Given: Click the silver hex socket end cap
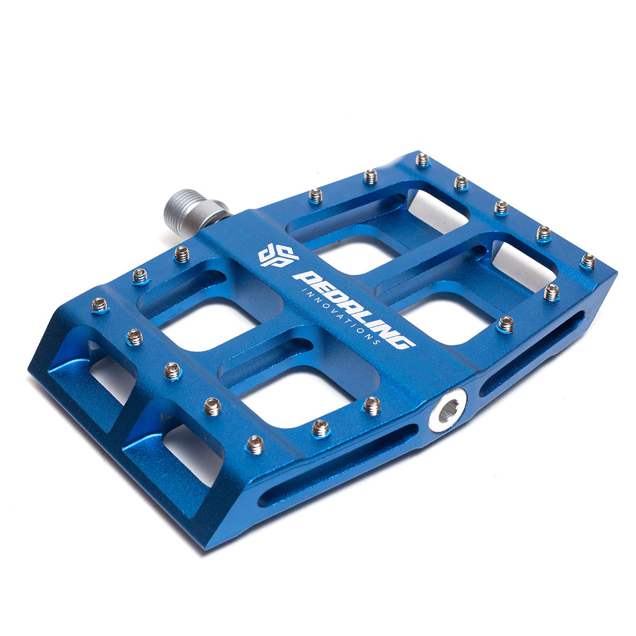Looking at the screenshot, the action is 447,410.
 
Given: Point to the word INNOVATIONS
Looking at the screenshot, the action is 340,317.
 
